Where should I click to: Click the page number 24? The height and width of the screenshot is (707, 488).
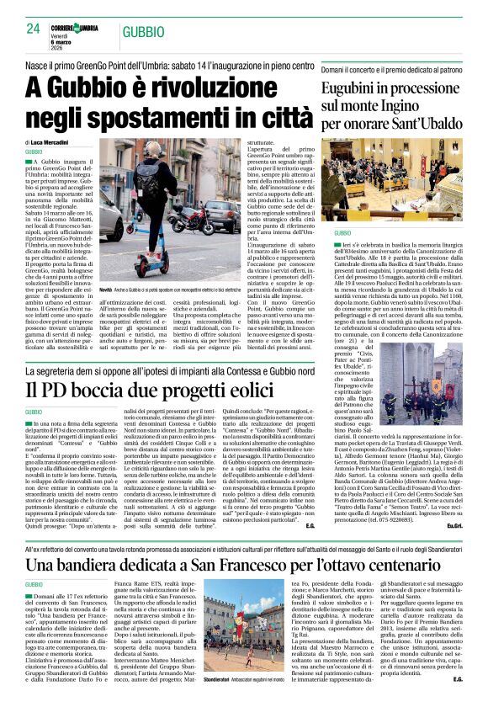click(33, 29)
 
